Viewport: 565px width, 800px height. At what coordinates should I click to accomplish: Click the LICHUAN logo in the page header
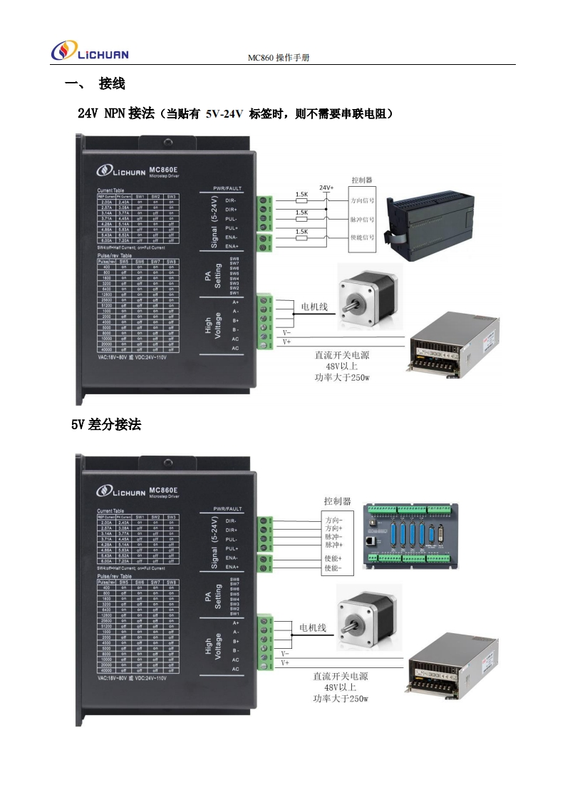coord(90,52)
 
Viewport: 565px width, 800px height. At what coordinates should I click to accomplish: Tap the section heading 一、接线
coord(95,84)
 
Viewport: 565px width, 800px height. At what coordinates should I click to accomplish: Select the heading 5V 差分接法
coord(105,425)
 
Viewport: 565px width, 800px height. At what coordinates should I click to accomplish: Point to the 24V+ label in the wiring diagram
coord(326,188)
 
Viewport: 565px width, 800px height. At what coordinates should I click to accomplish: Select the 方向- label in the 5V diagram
coord(333,520)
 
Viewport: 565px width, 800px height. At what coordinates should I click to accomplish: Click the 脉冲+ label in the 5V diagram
coord(333,545)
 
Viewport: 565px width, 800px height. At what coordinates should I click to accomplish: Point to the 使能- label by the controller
coord(333,568)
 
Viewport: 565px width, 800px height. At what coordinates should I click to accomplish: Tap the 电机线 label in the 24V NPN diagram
coord(313,307)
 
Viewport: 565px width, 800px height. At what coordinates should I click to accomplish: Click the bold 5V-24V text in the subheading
coord(224,114)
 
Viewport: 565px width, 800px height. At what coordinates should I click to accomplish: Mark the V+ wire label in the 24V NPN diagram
coord(287,342)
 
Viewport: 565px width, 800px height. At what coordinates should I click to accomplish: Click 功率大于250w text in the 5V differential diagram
coord(341,699)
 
